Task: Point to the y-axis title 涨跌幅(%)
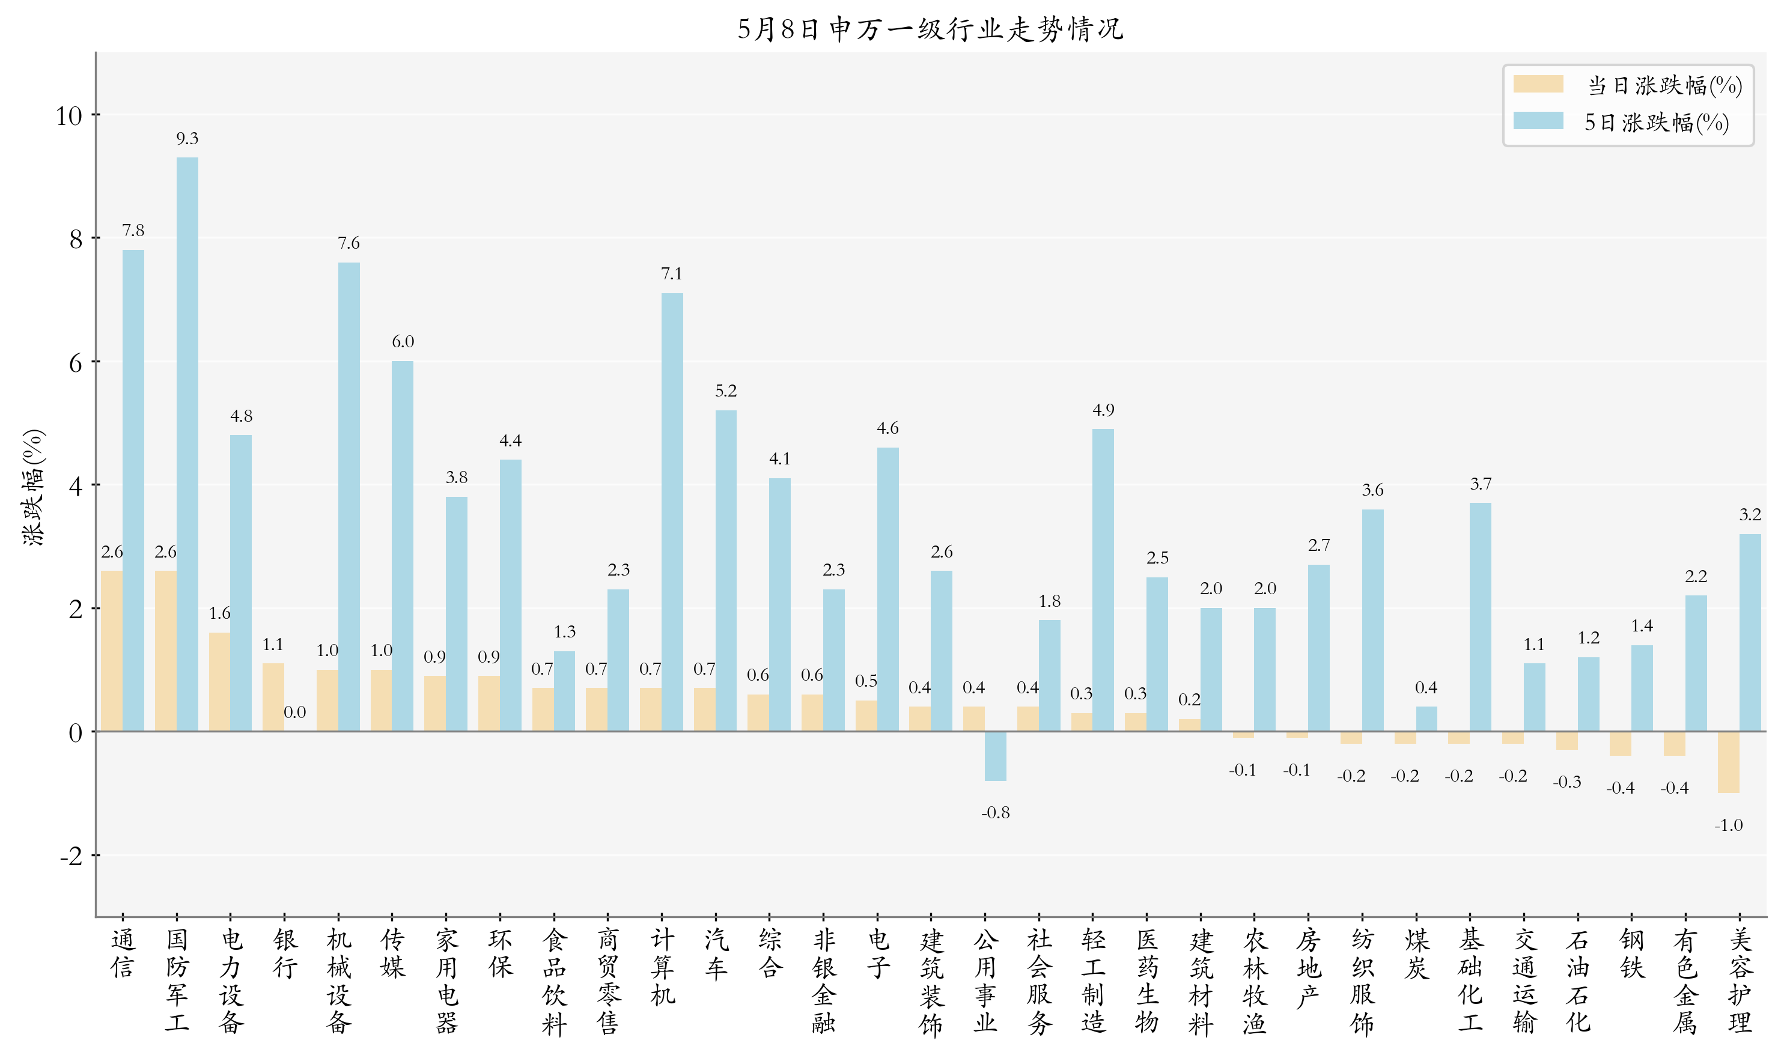[34, 488]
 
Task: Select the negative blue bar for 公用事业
[996, 756]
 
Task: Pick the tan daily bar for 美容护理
[1728, 761]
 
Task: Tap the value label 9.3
[187, 138]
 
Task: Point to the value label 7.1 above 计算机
[672, 274]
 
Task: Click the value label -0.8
[996, 813]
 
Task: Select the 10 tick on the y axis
[69, 115]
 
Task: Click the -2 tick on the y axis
[72, 856]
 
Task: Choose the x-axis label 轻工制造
[1093, 980]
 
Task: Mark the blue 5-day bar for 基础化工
[1480, 616]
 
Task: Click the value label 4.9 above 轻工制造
[1103, 410]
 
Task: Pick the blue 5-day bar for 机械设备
[349, 496]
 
